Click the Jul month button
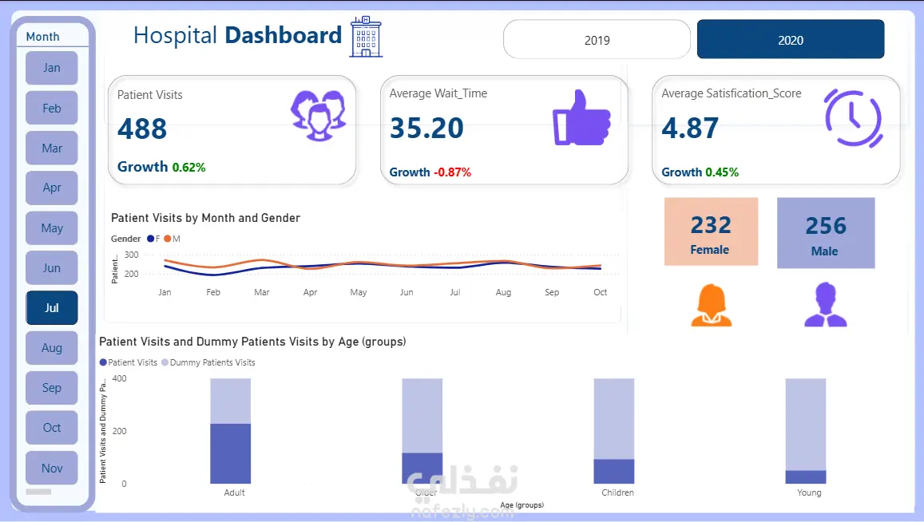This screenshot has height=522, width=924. click(52, 308)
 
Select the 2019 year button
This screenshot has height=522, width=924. click(597, 40)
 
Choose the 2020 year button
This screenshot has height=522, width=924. click(791, 40)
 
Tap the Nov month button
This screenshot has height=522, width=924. click(52, 469)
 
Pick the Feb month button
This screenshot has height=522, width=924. click(52, 109)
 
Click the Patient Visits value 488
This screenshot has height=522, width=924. click(142, 129)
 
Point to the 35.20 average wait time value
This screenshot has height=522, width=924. click(426, 128)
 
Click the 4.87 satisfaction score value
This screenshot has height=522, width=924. click(690, 128)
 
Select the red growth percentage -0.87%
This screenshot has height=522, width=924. click(452, 172)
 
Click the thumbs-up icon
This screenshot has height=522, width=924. click(581, 117)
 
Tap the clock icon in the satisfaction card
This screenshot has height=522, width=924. click(853, 117)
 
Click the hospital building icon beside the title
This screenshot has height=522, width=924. click(366, 37)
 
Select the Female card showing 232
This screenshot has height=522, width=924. click(710, 231)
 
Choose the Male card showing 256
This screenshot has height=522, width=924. click(825, 232)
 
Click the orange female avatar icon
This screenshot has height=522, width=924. click(710, 306)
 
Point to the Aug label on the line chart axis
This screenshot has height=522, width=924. click(503, 293)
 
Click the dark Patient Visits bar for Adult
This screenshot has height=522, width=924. click(231, 453)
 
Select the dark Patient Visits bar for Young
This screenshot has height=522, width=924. click(805, 477)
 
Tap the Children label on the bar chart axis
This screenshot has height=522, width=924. click(617, 492)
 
